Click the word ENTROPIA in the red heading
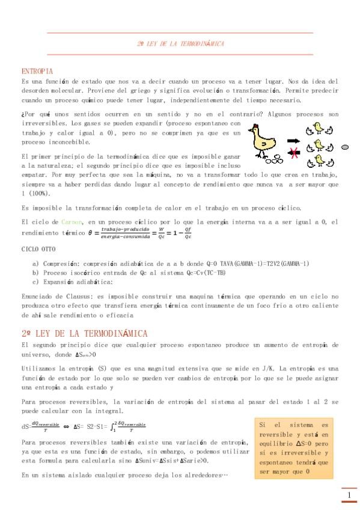click(x=37, y=72)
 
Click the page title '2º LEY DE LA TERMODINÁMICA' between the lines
click(x=180, y=44)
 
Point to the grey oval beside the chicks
click(x=345, y=147)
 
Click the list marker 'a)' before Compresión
click(x=35, y=263)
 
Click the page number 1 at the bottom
click(x=349, y=496)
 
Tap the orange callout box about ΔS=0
click(x=294, y=448)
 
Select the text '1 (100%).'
click(x=36, y=194)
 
